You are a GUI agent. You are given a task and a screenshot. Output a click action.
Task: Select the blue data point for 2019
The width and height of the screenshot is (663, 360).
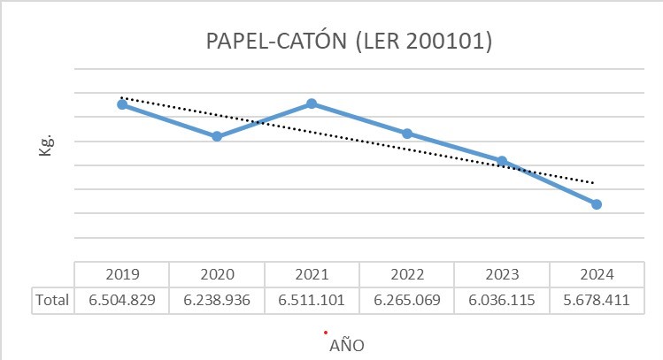point(122,104)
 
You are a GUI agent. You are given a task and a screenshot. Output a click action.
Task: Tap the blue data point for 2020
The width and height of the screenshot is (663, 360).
point(217,136)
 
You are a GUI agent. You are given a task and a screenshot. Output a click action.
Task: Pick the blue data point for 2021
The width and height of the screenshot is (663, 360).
point(312,103)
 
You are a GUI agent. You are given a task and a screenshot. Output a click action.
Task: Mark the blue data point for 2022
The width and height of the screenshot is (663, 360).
point(407,134)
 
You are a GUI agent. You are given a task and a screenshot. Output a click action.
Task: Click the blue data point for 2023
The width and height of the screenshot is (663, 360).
point(502,161)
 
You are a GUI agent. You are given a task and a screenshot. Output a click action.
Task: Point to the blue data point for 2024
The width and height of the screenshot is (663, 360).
point(597,204)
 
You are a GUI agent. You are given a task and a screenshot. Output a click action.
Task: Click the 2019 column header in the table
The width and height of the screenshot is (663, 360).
point(122,273)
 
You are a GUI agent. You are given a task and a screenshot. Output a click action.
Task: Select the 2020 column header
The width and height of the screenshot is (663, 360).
point(217,273)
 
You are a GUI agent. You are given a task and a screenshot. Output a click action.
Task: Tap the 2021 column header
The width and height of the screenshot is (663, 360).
point(312,273)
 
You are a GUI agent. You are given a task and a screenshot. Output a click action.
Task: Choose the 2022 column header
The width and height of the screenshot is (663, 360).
point(407,273)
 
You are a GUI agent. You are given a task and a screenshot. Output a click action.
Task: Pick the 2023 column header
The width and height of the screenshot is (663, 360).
point(502,273)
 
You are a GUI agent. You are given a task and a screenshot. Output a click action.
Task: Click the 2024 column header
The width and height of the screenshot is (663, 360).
point(597,273)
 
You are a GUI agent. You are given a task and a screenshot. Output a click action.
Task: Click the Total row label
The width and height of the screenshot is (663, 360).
point(52,300)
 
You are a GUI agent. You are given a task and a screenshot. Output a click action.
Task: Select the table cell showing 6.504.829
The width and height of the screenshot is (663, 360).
point(122,300)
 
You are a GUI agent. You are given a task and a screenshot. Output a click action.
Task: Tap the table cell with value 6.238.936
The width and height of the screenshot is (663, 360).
point(217,300)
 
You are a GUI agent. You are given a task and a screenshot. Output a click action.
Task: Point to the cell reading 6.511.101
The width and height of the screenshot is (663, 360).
point(312,300)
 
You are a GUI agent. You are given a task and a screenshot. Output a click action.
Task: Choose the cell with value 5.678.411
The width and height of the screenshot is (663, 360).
point(597,300)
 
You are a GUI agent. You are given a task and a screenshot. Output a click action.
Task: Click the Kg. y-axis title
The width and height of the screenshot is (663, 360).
point(46,146)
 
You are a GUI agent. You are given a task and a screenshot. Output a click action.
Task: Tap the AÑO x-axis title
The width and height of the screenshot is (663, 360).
point(346,344)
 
